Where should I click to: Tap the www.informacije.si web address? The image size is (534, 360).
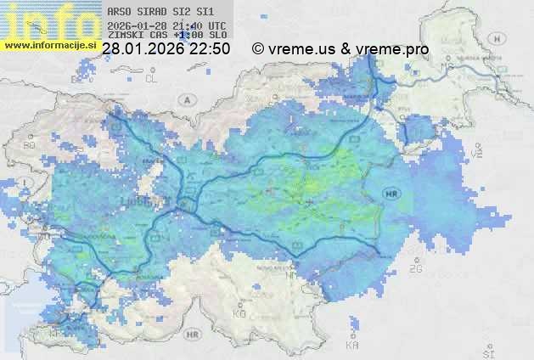[x=49, y=45]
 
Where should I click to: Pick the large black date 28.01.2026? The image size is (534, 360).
[x=143, y=49]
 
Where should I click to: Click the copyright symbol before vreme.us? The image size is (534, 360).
[x=258, y=49]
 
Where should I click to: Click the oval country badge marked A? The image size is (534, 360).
[x=185, y=98]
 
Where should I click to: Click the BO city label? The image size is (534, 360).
[x=30, y=145]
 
